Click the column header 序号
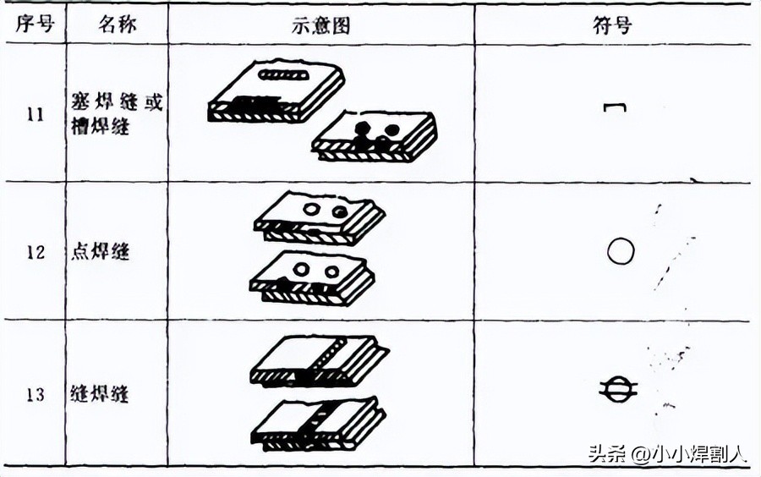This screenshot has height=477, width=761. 34,24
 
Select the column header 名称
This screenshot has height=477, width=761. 117,24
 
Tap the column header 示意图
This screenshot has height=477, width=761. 321,24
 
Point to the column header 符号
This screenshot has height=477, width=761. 616,24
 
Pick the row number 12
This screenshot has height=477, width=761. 35,251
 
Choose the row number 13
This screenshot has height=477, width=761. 35,393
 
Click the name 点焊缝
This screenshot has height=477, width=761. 101,251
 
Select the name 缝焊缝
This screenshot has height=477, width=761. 101,393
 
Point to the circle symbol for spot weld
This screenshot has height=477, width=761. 620,251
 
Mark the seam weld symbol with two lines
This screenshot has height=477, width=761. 619,389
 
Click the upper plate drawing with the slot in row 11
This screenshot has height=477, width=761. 276,92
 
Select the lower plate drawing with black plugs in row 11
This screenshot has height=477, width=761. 375,137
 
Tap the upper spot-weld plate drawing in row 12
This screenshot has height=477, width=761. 320,217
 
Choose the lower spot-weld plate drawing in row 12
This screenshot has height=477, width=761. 313,278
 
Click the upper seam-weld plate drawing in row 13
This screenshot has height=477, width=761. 319,361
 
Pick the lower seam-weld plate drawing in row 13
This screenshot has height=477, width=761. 317,422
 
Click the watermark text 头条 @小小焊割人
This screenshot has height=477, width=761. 667,453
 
